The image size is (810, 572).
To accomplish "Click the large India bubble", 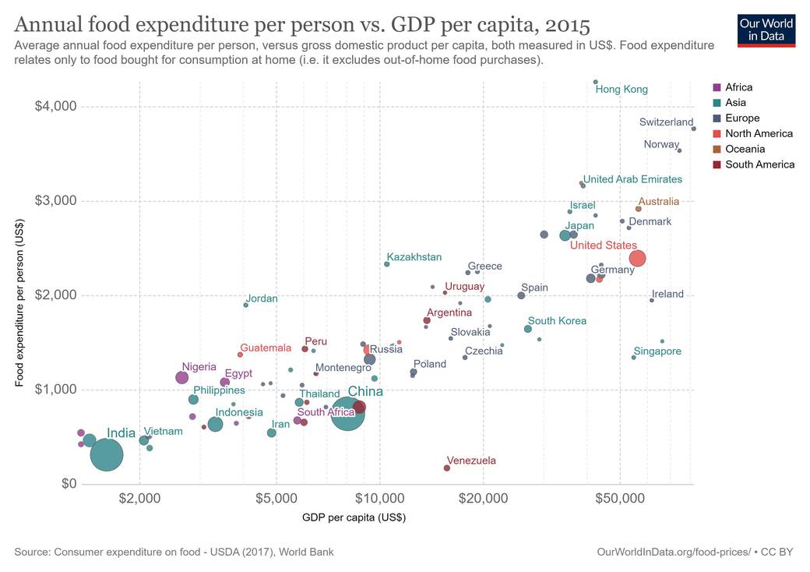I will click(x=107, y=454).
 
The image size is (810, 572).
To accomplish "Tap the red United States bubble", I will click(x=637, y=258).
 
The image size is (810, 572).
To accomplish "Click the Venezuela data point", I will click(x=446, y=468).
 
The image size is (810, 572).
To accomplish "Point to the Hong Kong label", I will click(x=622, y=90).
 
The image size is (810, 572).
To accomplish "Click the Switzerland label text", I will click(x=666, y=122).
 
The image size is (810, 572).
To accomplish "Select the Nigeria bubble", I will click(x=181, y=377).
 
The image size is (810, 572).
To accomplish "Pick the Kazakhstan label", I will click(x=414, y=257).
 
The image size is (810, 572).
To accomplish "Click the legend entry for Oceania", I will click(x=745, y=149).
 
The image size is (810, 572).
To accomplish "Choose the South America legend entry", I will click(x=759, y=164).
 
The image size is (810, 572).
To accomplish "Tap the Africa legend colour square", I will click(x=717, y=87).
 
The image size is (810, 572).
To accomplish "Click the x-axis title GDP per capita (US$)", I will click(x=354, y=517).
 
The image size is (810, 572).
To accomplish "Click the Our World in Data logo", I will click(x=766, y=30).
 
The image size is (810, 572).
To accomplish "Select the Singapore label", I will click(x=657, y=351).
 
